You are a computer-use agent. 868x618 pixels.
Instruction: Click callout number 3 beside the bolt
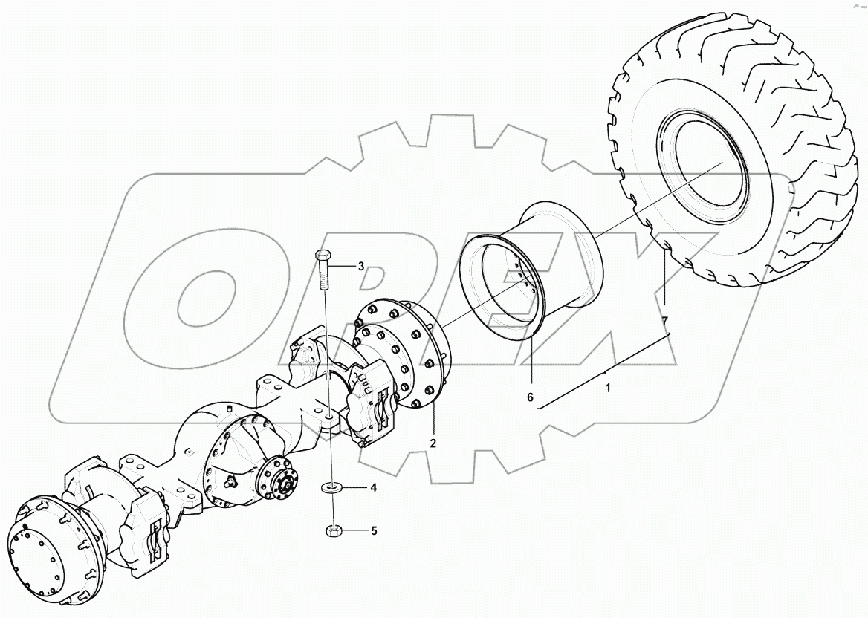point(361,266)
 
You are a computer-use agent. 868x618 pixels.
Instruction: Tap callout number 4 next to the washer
point(375,488)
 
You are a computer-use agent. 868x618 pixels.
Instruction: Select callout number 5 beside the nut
point(375,531)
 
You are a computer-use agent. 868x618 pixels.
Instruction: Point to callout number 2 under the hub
point(432,443)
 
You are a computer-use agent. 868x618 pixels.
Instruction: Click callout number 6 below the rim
point(530,397)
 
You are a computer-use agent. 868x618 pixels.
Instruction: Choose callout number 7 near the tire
point(666,321)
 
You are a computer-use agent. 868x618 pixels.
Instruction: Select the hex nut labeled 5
point(334,531)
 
